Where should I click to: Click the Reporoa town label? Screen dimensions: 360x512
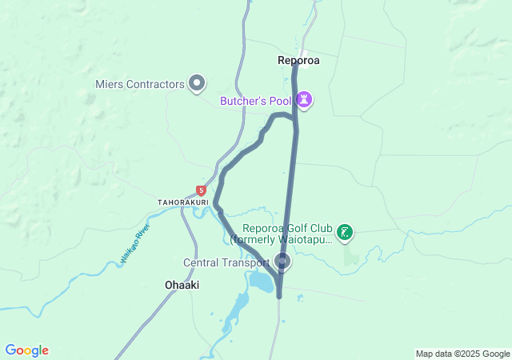[298, 59]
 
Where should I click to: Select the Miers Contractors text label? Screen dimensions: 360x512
[139, 82]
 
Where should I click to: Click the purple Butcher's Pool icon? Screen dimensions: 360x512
[304, 100]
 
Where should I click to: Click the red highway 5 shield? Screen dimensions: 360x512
[201, 190]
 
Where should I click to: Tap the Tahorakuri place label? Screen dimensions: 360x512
[183, 202]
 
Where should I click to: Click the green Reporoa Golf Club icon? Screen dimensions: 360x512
[345, 233]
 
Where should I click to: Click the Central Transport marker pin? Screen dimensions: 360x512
[282, 261]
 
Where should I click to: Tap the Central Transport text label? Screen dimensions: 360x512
[226, 262]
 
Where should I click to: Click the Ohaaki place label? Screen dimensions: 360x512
[182, 285]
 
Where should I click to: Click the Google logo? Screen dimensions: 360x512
[26, 350]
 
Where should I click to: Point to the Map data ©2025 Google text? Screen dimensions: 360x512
[462, 354]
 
